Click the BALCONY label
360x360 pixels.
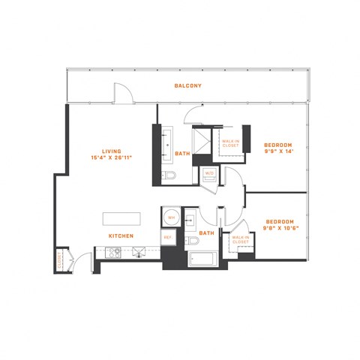188,85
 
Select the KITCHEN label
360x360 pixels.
121,236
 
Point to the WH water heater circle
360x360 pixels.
170,217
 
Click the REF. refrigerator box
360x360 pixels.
168,237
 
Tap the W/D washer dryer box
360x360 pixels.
209,175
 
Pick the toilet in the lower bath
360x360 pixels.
193,241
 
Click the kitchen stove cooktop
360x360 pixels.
114,253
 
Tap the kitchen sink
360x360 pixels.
139,253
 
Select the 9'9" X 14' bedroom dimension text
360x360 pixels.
278,151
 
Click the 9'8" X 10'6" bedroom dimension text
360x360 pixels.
278,229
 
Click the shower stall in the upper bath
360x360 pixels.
203,142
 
